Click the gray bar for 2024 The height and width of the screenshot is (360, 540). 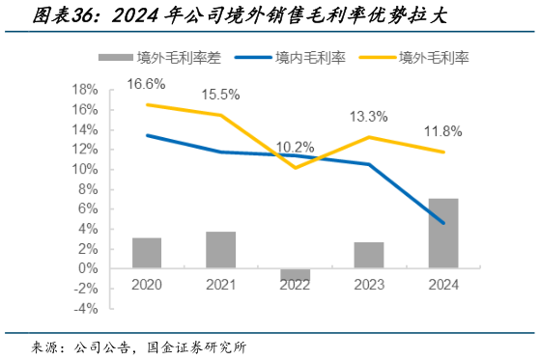click(x=443, y=234)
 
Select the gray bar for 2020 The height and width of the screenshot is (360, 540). click(x=147, y=253)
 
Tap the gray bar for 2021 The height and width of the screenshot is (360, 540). click(x=220, y=250)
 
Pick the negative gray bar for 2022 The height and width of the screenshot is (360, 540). click(x=295, y=275)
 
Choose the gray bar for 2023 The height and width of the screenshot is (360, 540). click(x=369, y=256)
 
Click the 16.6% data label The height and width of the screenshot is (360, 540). click(x=147, y=84)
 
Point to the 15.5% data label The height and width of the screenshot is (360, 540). click(x=220, y=95)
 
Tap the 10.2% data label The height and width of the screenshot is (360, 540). click(x=295, y=148)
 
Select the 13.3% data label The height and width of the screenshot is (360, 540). click(x=369, y=117)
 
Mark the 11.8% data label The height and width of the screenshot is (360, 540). click(x=443, y=131)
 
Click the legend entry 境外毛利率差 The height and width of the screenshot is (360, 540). click(x=179, y=57)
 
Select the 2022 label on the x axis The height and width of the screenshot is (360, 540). click(x=295, y=286)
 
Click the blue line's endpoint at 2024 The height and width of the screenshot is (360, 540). click(x=443, y=223)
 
